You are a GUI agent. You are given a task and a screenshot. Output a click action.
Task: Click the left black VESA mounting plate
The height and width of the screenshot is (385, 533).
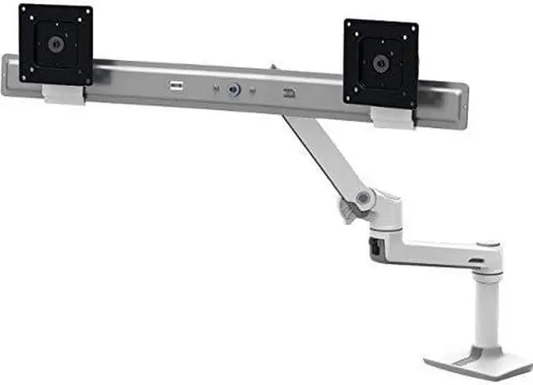pos(55,43)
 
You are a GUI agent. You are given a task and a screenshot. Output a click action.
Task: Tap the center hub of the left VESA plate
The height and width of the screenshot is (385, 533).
pos(55,43)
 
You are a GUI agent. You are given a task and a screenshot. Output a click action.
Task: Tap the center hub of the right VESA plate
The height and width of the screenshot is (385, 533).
pos(381,62)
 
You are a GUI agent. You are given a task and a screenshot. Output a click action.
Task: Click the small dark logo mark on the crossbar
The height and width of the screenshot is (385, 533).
pos(289,93)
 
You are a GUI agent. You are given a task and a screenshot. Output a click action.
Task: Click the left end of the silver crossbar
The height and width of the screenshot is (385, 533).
pos(10,75)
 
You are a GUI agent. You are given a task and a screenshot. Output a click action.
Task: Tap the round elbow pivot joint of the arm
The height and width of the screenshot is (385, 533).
pos(362,198)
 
